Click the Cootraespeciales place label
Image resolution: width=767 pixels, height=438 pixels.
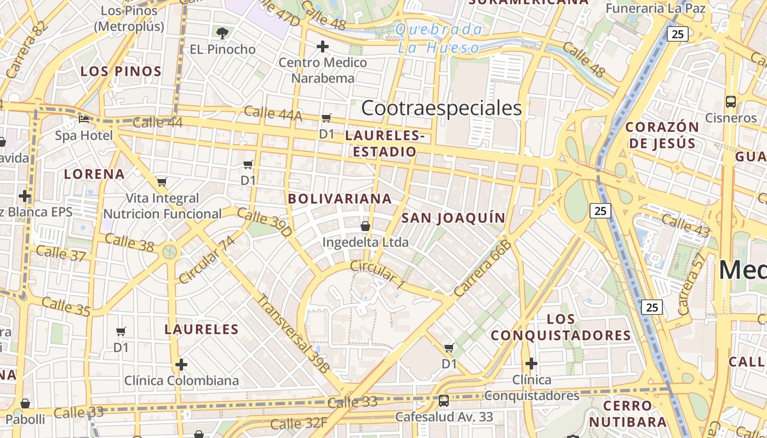point(442,108)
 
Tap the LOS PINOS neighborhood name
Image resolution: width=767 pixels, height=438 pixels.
point(121,71)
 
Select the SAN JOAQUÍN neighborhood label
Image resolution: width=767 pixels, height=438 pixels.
point(454,218)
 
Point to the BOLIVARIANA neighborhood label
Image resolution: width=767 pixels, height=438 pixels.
point(340,199)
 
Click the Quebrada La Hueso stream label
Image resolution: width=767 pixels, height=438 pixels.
point(439,38)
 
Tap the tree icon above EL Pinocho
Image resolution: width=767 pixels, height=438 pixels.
point(222,33)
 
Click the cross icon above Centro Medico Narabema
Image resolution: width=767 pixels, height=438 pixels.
point(323,47)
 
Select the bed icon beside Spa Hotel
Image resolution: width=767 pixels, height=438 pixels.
point(83,119)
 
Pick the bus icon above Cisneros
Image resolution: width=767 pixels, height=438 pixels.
point(731,101)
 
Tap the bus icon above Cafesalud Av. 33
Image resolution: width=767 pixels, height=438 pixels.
point(444,401)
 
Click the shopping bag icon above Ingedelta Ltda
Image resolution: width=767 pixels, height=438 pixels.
point(365,226)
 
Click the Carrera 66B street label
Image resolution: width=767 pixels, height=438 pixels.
point(483,268)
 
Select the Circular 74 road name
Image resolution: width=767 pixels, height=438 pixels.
point(207,260)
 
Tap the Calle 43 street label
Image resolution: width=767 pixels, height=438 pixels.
point(685,226)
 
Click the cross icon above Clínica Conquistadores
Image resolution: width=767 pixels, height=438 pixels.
point(531,364)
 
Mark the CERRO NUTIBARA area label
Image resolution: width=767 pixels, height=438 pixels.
point(628,413)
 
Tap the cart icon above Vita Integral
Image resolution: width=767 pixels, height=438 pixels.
point(162,182)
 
